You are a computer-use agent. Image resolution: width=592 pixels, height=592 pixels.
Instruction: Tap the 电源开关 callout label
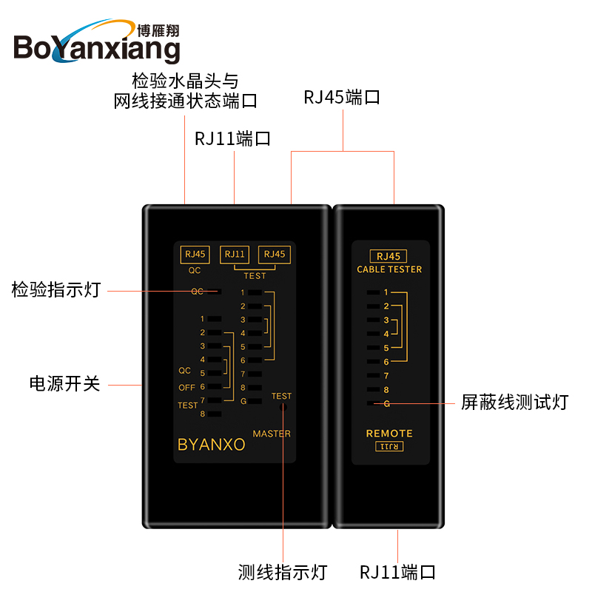pyautogui.click(x=64, y=384)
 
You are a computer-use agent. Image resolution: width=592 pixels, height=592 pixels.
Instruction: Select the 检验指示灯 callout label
pyautogui.click(x=55, y=290)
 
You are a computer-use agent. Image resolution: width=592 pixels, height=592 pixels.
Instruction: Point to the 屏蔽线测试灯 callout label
pyautogui.click(x=514, y=402)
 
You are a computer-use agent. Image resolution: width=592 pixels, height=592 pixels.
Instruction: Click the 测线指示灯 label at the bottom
pyautogui.click(x=283, y=572)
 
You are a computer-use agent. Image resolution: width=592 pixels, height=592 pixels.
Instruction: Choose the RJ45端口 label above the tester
pyautogui.click(x=342, y=97)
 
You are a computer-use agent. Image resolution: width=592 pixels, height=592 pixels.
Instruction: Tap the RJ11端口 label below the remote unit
pyautogui.click(x=397, y=572)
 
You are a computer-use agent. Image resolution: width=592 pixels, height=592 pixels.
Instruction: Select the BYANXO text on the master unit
pyautogui.click(x=211, y=445)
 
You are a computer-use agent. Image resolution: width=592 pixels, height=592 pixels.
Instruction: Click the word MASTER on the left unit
pyautogui.click(x=272, y=434)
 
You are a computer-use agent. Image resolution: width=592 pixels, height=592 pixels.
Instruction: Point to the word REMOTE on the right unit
pyautogui.click(x=389, y=434)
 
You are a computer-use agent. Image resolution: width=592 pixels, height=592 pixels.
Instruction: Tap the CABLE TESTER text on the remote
pyautogui.click(x=389, y=269)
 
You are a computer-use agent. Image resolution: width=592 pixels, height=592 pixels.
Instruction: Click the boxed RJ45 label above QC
pyautogui.click(x=195, y=255)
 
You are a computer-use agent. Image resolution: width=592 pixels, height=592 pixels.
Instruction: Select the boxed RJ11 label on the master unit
pyautogui.click(x=235, y=255)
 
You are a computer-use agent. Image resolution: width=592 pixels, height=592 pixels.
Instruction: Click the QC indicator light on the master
pyautogui.click(x=213, y=292)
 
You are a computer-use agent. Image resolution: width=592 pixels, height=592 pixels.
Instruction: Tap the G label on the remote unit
pyautogui.click(x=386, y=403)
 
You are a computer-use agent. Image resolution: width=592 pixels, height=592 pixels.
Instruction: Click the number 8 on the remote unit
pyautogui.click(x=386, y=389)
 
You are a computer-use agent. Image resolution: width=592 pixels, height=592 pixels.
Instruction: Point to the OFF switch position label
pyautogui.click(x=187, y=388)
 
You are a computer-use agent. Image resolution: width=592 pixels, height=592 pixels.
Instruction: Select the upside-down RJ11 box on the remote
pyautogui.click(x=389, y=446)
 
